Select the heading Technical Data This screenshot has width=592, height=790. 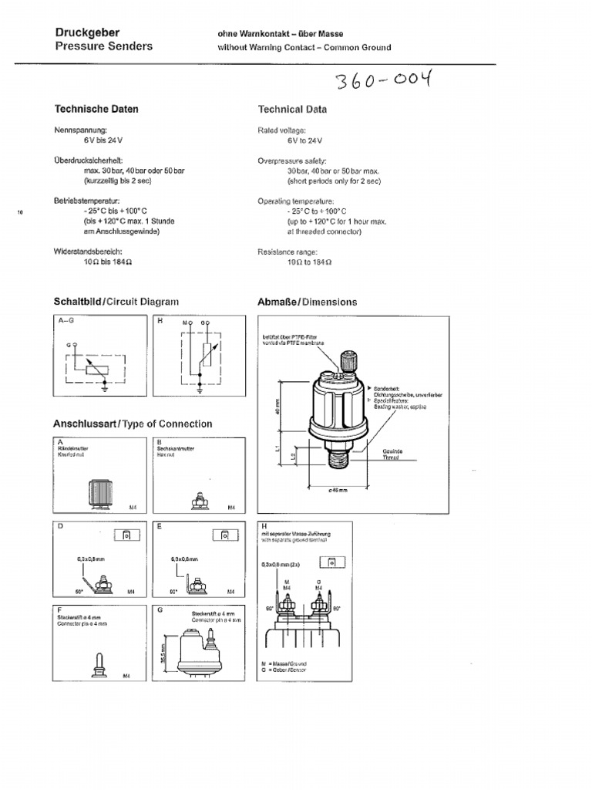pyautogui.click(x=291, y=110)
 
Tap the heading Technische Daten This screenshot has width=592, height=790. pyautogui.click(x=96, y=110)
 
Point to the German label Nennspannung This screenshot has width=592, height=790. pyautogui.click(x=80, y=131)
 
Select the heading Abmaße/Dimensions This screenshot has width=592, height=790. pyautogui.click(x=307, y=302)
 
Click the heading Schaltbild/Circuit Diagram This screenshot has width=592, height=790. pyautogui.click(x=116, y=302)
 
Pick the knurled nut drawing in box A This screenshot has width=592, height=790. pyautogui.click(x=99, y=492)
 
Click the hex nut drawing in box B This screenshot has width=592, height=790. pyautogui.click(x=197, y=502)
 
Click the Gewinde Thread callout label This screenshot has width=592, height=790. pyautogui.click(x=392, y=454)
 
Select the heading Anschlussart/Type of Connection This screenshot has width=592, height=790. pyautogui.click(x=132, y=424)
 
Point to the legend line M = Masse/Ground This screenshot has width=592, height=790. pyautogui.click(x=284, y=663)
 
